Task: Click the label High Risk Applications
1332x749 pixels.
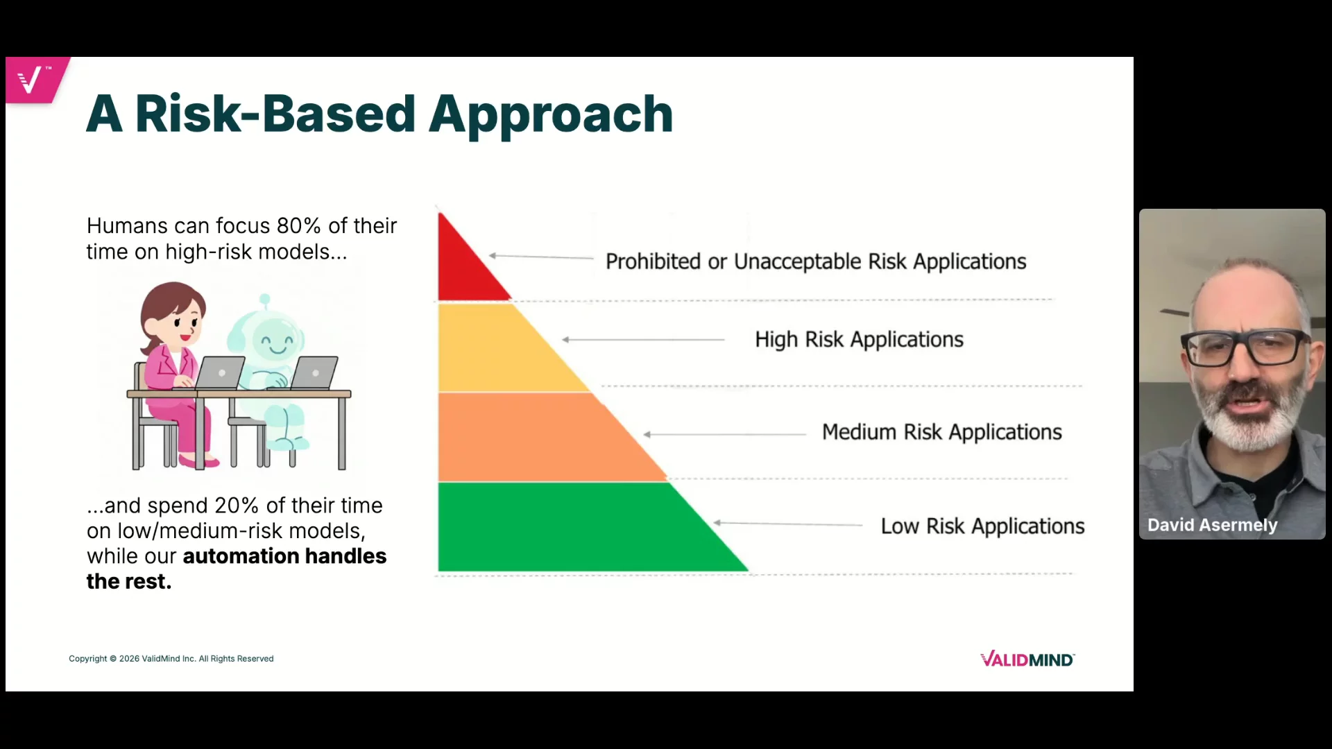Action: [x=859, y=340]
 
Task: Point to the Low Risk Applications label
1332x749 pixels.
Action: [x=982, y=526]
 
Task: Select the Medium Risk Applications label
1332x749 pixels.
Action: [x=941, y=432]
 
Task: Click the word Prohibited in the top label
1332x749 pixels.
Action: [x=653, y=261]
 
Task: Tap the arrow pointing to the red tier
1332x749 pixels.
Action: [x=541, y=257]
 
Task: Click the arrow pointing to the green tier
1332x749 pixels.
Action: [x=788, y=524]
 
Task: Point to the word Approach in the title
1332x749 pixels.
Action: [x=551, y=115]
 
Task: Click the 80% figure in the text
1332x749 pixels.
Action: [x=298, y=226]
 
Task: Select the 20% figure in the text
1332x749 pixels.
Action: [x=237, y=506]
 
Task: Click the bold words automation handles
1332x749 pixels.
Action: [x=284, y=556]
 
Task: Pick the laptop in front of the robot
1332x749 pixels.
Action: [x=313, y=373]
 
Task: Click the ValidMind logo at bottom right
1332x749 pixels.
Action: [x=1027, y=660]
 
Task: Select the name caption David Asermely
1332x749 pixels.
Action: [x=1212, y=525]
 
